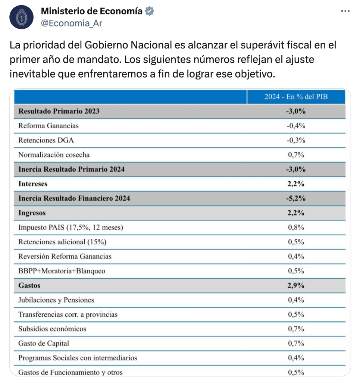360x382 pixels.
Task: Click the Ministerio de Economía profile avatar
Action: pyautogui.click(x=21, y=17)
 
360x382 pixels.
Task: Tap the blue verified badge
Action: pyautogui.click(x=150, y=11)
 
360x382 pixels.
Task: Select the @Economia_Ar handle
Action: pyautogui.click(x=71, y=23)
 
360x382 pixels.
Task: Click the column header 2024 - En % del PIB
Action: pyautogui.click(x=296, y=97)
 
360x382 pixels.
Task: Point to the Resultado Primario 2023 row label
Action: pyautogui.click(x=59, y=111)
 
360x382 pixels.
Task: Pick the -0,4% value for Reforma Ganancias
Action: pyautogui.click(x=296, y=126)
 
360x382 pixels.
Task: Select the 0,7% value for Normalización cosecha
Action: pyautogui.click(x=296, y=155)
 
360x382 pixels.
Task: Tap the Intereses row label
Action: pyautogui.click(x=33, y=184)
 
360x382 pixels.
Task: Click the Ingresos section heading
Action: pyautogui.click(x=32, y=213)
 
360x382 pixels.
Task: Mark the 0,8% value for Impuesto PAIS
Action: pyautogui.click(x=296, y=228)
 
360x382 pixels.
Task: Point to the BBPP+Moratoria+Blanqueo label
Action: pyautogui.click(x=62, y=271)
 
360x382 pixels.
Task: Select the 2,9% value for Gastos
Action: pyautogui.click(x=296, y=286)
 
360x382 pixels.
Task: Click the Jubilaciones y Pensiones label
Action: pyautogui.click(x=56, y=300)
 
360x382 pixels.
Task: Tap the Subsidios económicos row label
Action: pyautogui.click(x=52, y=329)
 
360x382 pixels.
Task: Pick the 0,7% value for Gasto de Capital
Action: pyautogui.click(x=296, y=344)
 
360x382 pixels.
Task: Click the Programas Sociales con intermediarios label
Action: pyautogui.click(x=78, y=358)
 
